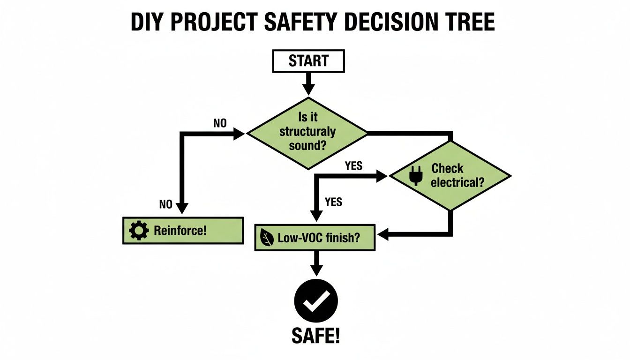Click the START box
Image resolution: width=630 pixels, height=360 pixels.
click(x=308, y=61)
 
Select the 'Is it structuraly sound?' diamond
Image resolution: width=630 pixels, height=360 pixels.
click(x=307, y=133)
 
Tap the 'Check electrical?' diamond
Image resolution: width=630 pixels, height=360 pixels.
click(x=450, y=176)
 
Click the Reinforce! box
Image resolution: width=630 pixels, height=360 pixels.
click(x=183, y=231)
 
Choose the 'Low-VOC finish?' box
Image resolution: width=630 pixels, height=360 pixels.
click(x=315, y=238)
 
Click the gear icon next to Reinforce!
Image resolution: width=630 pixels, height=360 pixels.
click(x=138, y=231)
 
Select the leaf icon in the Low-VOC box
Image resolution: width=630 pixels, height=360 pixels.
click(x=266, y=239)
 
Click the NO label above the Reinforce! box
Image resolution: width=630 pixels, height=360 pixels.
click(x=166, y=204)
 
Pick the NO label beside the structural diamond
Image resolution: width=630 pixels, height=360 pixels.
click(x=219, y=124)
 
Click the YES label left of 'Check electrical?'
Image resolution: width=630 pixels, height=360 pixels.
click(x=353, y=165)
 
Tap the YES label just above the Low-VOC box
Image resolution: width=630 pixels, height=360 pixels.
click(x=333, y=202)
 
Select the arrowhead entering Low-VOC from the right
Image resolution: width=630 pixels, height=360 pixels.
click(x=383, y=233)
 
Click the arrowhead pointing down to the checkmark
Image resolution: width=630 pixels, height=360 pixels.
click(x=316, y=270)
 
